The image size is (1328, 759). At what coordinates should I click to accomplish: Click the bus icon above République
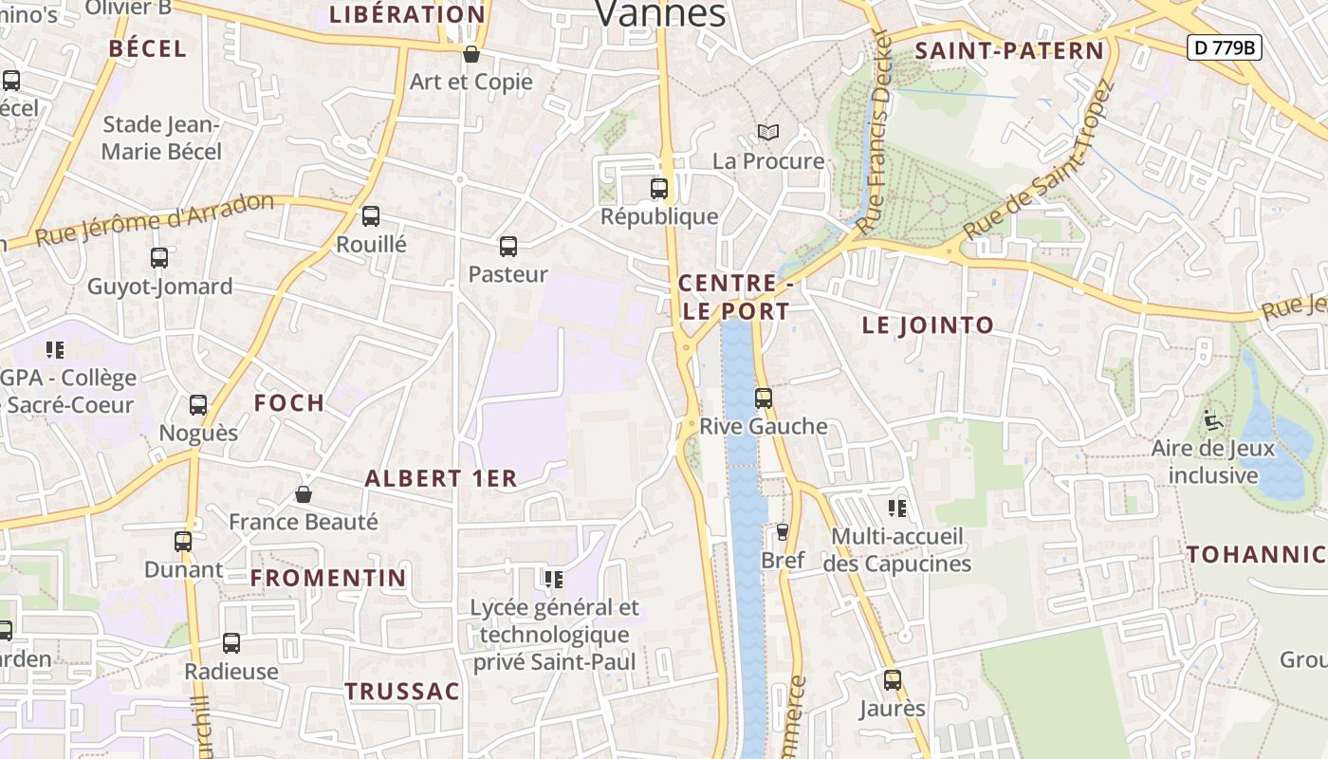point(659,188)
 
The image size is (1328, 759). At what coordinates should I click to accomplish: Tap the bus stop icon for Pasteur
point(508,247)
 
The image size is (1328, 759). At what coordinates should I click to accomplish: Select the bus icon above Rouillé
point(371,216)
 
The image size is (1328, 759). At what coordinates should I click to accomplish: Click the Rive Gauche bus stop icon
point(764,398)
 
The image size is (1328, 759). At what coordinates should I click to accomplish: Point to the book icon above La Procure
point(767,133)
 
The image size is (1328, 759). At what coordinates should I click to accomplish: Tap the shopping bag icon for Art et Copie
point(470,54)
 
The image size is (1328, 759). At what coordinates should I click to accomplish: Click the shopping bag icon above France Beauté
point(304,494)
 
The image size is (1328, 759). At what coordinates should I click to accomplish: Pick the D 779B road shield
point(1224,46)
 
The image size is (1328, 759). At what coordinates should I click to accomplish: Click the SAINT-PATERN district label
point(1009,51)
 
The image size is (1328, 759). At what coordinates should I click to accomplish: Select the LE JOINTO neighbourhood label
point(928,325)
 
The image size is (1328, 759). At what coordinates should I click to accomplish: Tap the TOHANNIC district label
point(1256,555)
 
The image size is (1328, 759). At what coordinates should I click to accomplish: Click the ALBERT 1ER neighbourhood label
point(441,478)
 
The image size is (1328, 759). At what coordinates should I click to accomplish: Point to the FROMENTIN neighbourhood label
point(328,578)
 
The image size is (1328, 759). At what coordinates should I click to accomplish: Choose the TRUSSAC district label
point(401,691)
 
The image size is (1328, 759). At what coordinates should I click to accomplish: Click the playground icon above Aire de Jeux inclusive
point(1211,419)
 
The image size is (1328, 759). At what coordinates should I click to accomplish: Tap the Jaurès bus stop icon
point(892,680)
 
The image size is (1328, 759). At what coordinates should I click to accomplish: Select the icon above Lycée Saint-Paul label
point(554,579)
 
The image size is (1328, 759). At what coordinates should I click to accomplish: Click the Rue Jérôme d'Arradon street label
point(155,220)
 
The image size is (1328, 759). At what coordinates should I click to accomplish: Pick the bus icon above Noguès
point(198,405)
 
